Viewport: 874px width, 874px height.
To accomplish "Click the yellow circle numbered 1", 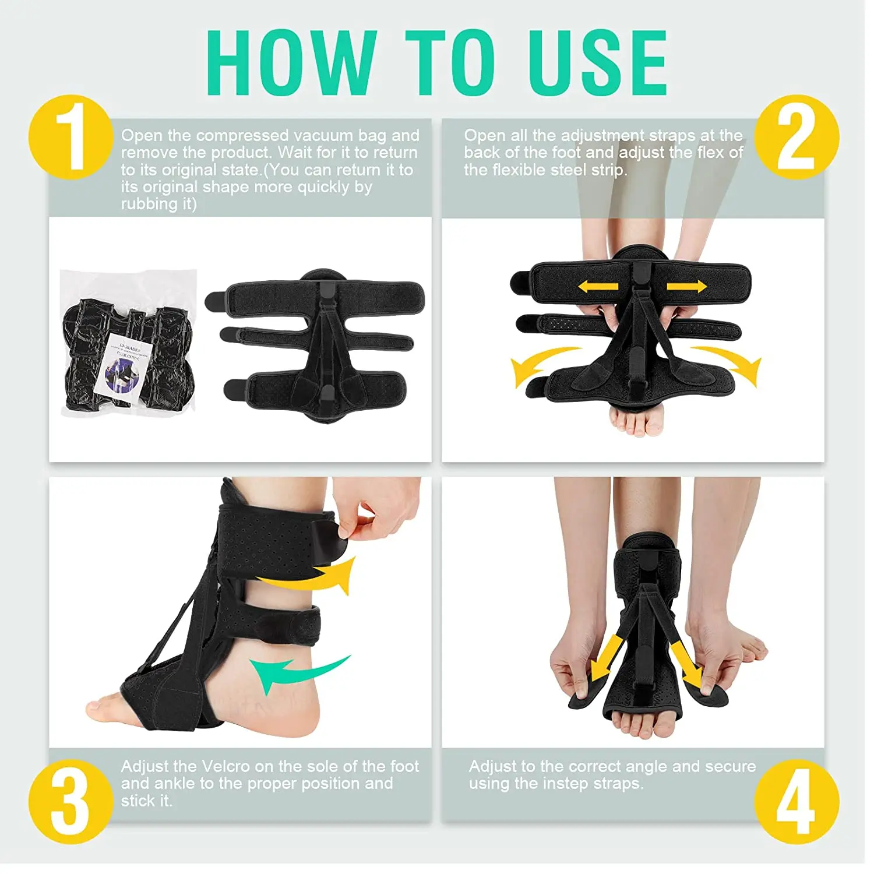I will tap(71, 138).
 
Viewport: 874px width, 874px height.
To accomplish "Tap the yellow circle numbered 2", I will tap(797, 138).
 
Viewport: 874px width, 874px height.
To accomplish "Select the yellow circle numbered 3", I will tap(71, 801).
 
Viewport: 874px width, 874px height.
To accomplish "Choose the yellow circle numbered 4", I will tap(797, 801).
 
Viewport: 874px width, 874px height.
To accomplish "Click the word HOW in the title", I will tap(290, 62).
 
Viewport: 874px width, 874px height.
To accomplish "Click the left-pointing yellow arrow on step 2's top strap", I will tap(598, 286).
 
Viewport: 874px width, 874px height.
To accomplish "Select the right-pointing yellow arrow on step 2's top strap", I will tap(686, 286).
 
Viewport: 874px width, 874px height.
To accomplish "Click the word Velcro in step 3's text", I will tap(225, 766).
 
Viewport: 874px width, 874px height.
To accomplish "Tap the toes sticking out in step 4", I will tap(641, 725).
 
